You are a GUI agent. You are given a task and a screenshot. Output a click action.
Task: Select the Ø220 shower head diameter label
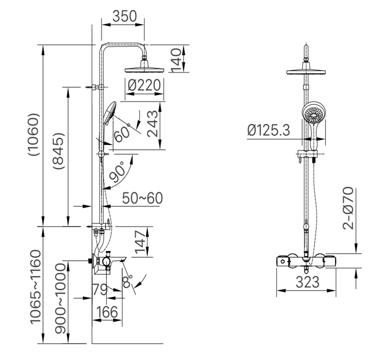point(144,85)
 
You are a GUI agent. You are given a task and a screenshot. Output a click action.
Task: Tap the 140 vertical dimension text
point(175,59)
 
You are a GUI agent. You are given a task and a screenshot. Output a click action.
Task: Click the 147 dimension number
point(143,243)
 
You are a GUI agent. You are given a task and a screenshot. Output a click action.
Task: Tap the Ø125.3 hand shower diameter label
point(268,130)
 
